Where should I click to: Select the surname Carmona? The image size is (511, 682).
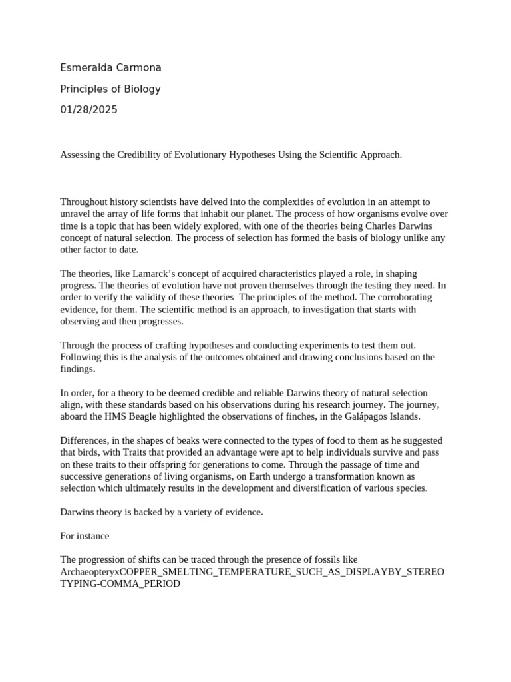(138, 68)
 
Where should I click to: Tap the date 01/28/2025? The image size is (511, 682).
(88, 110)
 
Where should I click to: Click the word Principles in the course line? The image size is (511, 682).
(84, 89)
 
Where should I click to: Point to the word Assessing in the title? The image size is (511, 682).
(81, 155)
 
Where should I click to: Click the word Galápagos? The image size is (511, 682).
(367, 416)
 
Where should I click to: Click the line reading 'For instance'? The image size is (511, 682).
(85, 535)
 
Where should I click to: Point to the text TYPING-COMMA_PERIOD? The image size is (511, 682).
(120, 583)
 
